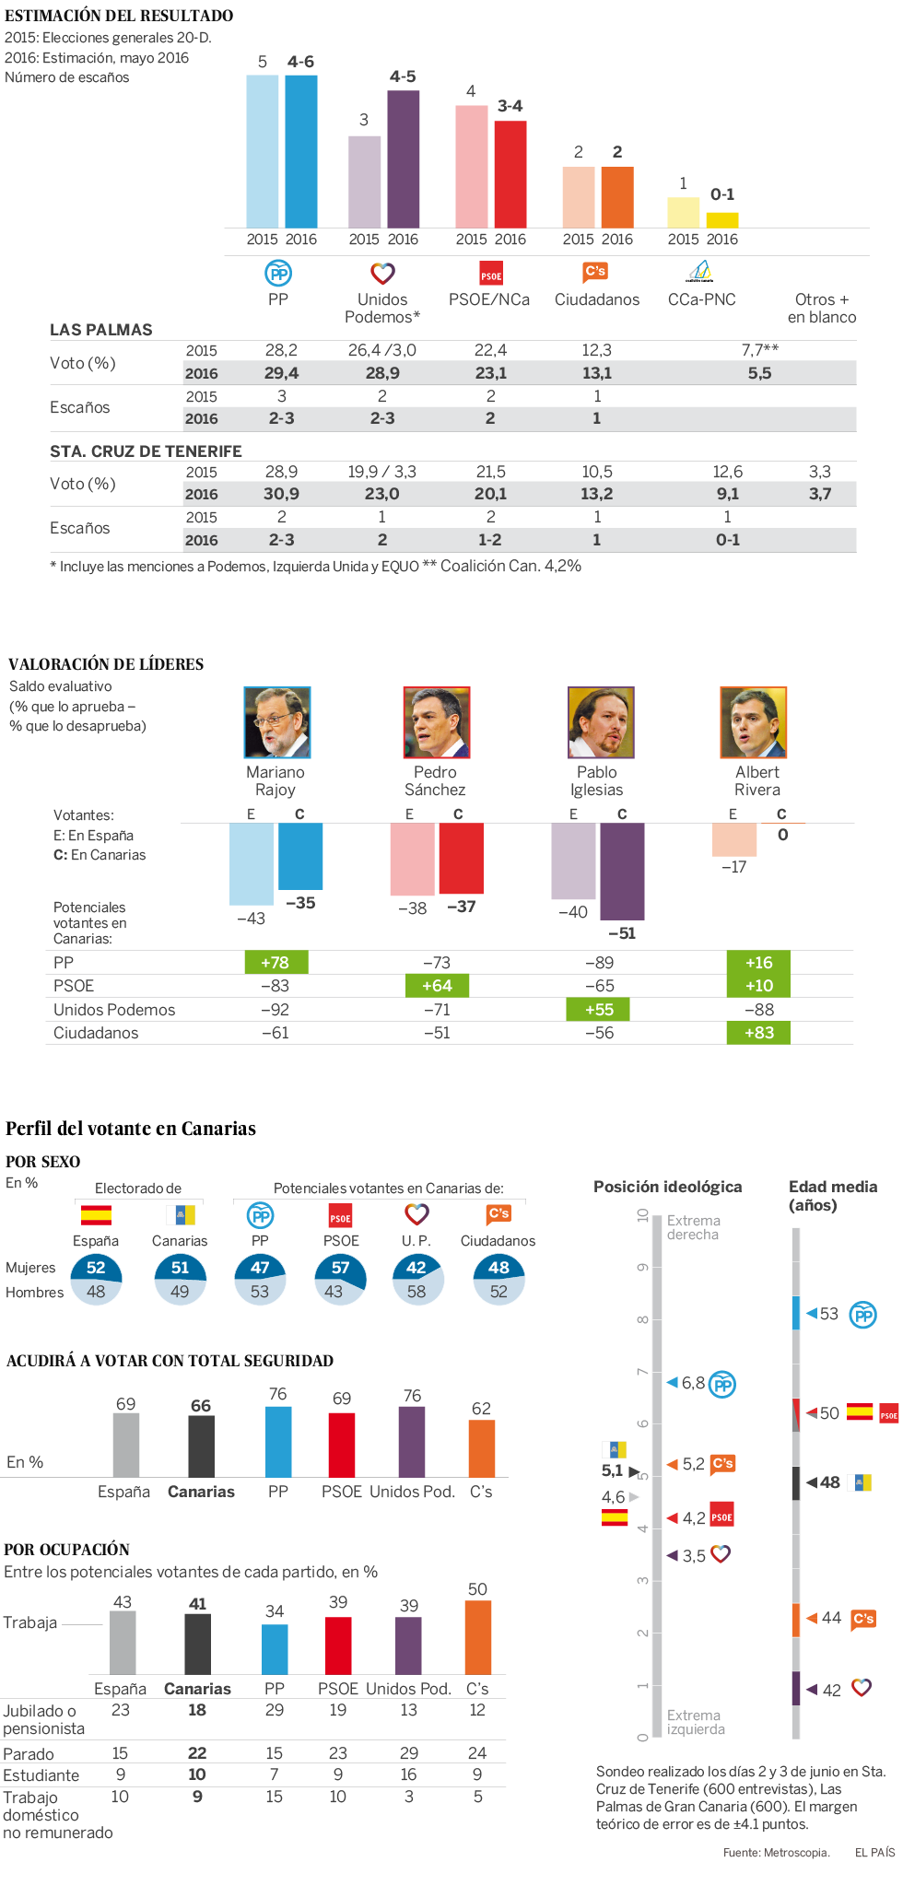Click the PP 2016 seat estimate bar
(x=301, y=151)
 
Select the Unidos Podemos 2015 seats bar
(x=364, y=182)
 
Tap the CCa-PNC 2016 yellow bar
(x=722, y=220)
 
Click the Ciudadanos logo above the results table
(x=595, y=272)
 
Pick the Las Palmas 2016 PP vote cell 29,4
(x=281, y=373)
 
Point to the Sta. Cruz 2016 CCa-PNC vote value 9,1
(x=727, y=494)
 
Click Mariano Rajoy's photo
(x=276, y=722)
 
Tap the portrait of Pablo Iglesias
(x=601, y=722)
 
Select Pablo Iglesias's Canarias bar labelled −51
(x=622, y=871)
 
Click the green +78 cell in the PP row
(x=276, y=963)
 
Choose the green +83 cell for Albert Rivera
(x=758, y=1033)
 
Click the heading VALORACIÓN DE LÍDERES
(x=106, y=664)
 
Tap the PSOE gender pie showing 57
(x=340, y=1279)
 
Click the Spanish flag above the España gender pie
(x=96, y=1215)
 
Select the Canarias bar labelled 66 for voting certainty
(x=201, y=1446)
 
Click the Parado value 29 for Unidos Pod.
(x=408, y=1752)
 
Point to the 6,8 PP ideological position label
(x=693, y=1383)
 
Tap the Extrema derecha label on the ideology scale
(x=693, y=1227)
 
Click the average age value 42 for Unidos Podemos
(x=831, y=1690)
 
